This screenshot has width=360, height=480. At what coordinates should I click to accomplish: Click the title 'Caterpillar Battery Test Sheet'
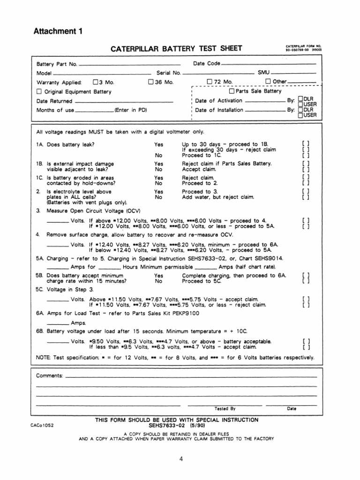176,48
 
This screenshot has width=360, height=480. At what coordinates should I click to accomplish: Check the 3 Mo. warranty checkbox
96,82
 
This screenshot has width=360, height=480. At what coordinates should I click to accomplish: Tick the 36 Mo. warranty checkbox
151,82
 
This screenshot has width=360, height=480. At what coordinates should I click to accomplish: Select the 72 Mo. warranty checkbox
210,82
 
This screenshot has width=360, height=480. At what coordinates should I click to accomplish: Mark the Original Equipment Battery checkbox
39,91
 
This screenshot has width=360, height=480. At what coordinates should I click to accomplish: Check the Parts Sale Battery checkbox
232,91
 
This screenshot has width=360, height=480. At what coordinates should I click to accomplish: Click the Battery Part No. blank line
129,64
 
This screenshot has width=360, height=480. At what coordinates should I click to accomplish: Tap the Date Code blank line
268,64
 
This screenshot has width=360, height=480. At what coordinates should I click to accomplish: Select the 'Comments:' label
49,376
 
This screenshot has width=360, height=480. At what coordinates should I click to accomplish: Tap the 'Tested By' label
225,408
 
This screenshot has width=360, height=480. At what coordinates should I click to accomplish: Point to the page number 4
180,459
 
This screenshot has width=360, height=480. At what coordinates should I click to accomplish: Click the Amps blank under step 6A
58,323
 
